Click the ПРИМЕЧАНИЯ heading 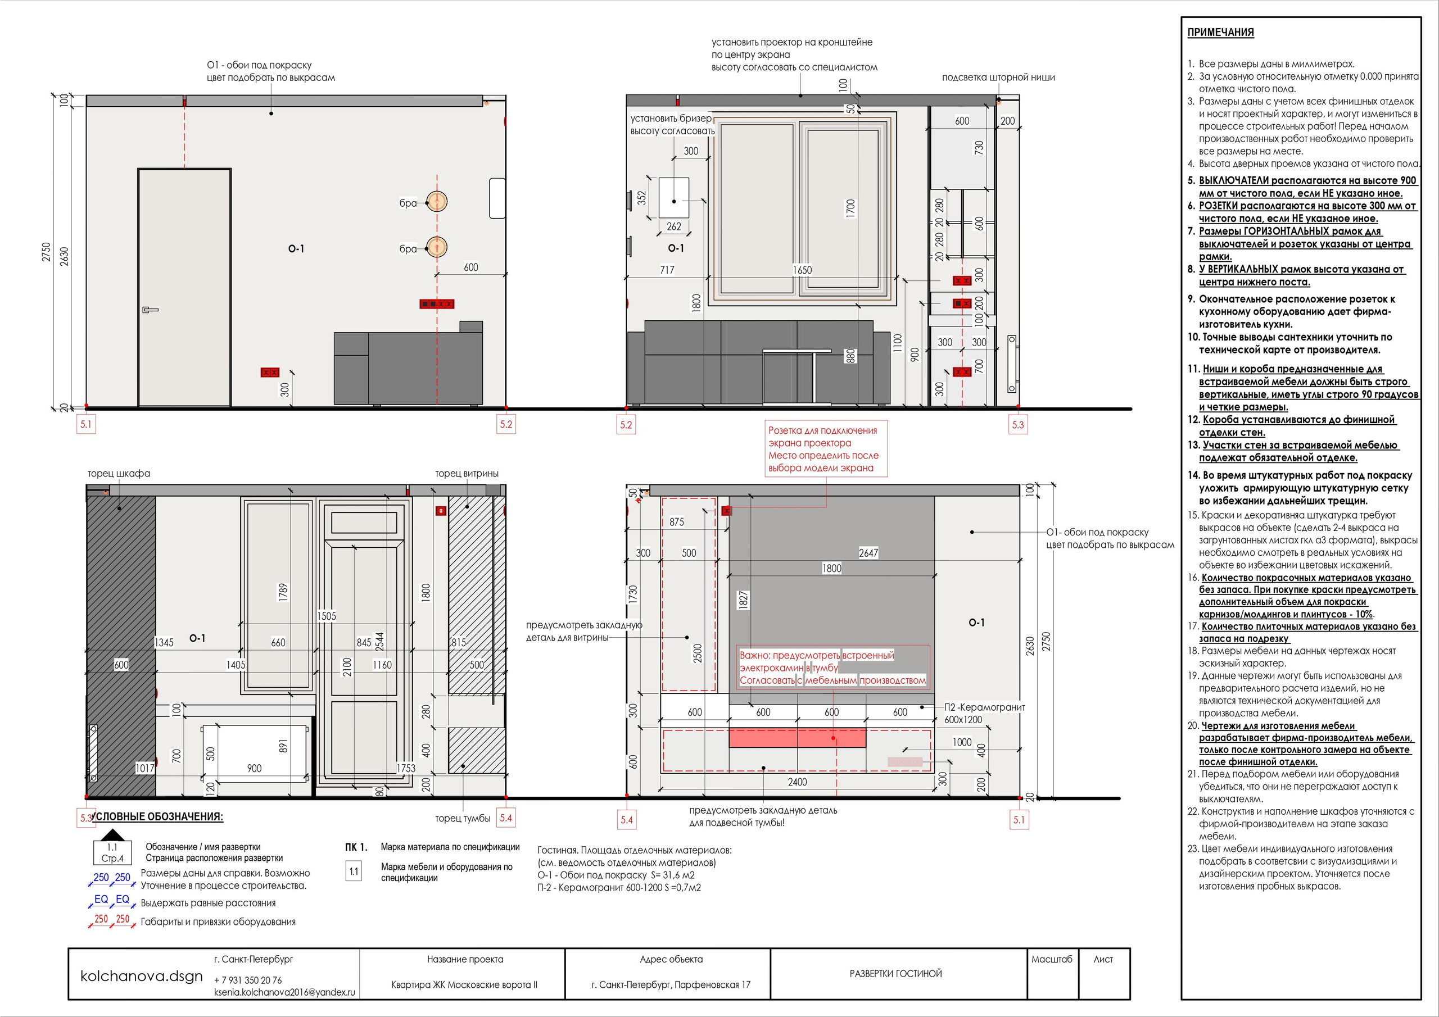click(1220, 33)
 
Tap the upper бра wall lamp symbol click(437, 202)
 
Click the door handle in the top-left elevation click(151, 310)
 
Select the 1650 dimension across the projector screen click(802, 270)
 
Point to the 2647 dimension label click(868, 553)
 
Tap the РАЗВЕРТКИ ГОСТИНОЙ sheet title click(895, 973)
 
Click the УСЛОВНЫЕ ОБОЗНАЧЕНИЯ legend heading click(157, 816)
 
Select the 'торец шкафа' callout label click(119, 474)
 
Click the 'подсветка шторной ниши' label click(998, 78)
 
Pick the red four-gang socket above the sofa click(437, 304)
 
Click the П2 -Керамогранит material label click(985, 707)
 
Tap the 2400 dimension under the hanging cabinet click(797, 782)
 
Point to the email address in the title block click(284, 993)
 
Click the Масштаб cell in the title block click(1052, 959)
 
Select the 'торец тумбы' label click(463, 818)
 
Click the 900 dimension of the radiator click(255, 768)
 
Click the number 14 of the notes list click(1193, 475)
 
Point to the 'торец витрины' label click(467, 474)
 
